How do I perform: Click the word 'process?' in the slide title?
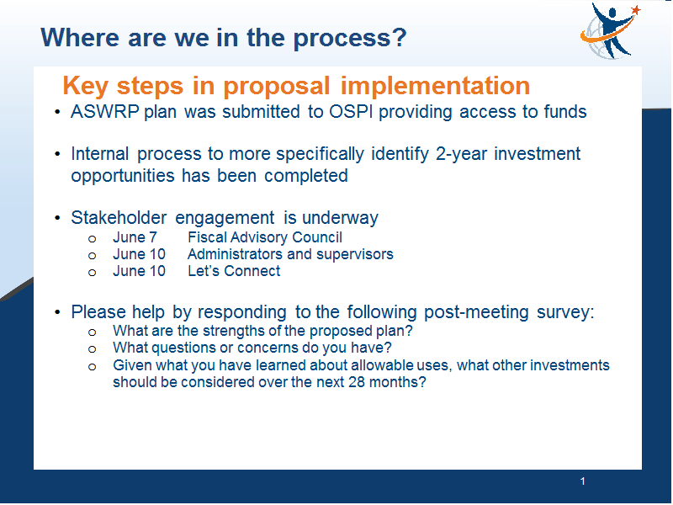click(x=350, y=38)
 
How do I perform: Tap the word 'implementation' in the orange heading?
click(x=435, y=86)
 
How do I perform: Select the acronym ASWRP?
click(x=104, y=112)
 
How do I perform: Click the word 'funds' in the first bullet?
click(x=564, y=112)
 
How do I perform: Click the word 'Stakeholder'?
click(x=119, y=218)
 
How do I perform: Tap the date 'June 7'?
click(x=135, y=237)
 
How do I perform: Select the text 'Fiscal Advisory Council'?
click(x=265, y=237)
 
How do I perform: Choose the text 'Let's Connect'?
click(x=234, y=271)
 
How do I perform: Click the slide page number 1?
click(x=582, y=481)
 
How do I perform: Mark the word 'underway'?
click(x=340, y=218)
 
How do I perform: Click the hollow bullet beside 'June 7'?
click(x=92, y=239)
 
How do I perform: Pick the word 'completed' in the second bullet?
click(x=305, y=176)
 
